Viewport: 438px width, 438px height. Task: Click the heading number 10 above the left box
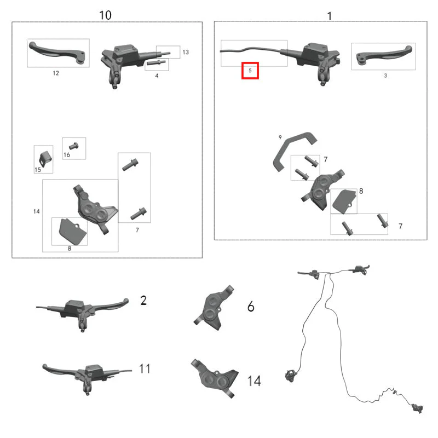click(105, 15)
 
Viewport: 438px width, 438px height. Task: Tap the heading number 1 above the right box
click(330, 16)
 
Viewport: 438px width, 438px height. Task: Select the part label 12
click(56, 73)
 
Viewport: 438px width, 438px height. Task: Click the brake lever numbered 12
click(57, 53)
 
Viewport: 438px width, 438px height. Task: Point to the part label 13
click(186, 52)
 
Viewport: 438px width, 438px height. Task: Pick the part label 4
click(157, 76)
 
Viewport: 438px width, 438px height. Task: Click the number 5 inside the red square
click(250, 71)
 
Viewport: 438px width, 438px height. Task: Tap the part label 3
click(385, 76)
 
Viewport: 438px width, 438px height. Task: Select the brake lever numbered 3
click(384, 55)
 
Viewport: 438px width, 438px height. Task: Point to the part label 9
click(280, 137)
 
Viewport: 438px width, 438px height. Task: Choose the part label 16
click(67, 155)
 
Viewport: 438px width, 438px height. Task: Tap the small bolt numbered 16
click(74, 146)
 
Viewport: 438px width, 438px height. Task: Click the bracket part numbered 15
click(45, 158)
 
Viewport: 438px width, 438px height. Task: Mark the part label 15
click(38, 170)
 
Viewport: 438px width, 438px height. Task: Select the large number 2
click(143, 301)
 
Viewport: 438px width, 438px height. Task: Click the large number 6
click(251, 307)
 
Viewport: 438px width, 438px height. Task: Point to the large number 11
click(145, 368)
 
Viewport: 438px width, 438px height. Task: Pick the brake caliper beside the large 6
click(214, 308)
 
